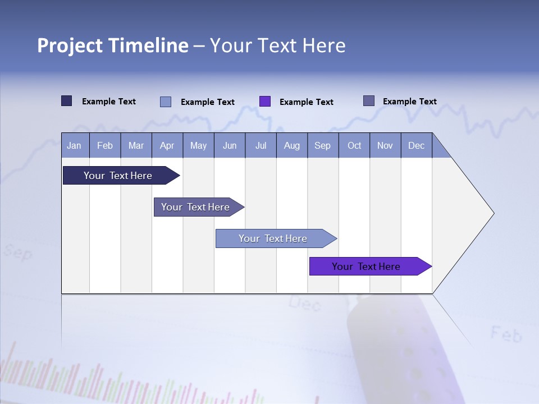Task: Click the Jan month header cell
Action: (75, 145)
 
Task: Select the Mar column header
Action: (136, 145)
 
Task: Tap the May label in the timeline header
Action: (198, 145)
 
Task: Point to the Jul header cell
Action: (261, 145)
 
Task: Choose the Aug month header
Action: (291, 145)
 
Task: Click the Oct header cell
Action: (354, 145)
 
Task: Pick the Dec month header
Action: (416, 145)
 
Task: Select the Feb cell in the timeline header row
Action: (105, 145)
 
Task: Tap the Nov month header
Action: (385, 145)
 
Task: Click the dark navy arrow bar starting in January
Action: (118, 176)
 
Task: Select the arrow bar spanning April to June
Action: (196, 207)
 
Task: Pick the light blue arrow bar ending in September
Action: (273, 238)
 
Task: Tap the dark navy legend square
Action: (67, 101)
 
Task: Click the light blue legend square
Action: (166, 102)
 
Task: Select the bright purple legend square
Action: (265, 102)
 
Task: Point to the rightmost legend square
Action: (369, 101)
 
